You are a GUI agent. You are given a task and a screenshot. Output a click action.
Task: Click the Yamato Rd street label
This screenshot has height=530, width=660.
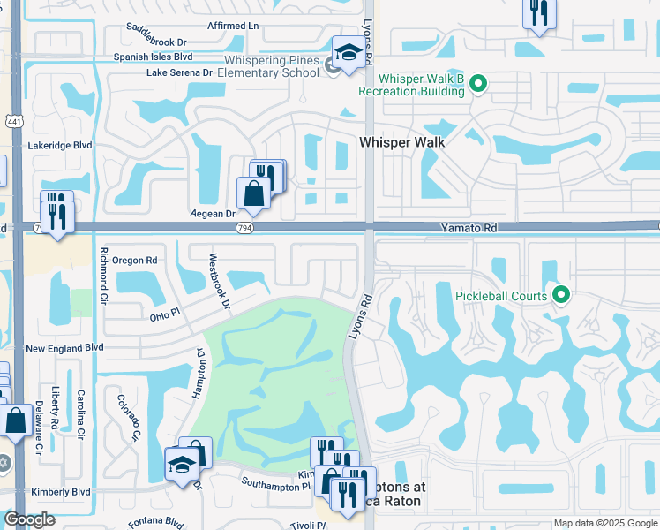pyautogui.click(x=469, y=228)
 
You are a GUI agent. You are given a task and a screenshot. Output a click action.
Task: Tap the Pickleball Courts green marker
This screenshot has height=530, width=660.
pyautogui.click(x=559, y=296)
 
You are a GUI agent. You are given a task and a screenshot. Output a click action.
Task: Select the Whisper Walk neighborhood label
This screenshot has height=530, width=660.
pyautogui.click(x=401, y=141)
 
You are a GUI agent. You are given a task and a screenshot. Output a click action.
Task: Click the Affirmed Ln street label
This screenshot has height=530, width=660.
pyautogui.click(x=233, y=26)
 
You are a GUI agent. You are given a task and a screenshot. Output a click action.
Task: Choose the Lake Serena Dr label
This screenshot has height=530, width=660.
pyautogui.click(x=180, y=72)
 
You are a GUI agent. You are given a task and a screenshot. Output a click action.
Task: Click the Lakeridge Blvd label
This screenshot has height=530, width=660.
pyautogui.click(x=59, y=145)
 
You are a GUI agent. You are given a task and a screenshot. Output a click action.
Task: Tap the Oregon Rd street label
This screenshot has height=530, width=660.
pyautogui.click(x=134, y=261)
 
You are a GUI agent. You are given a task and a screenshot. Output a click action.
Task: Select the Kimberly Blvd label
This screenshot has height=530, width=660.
pyautogui.click(x=57, y=491)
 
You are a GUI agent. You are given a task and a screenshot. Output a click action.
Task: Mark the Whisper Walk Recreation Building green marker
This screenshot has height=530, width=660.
pyautogui.click(x=478, y=85)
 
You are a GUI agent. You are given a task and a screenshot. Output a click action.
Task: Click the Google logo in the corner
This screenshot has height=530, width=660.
pyautogui.click(x=29, y=519)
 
